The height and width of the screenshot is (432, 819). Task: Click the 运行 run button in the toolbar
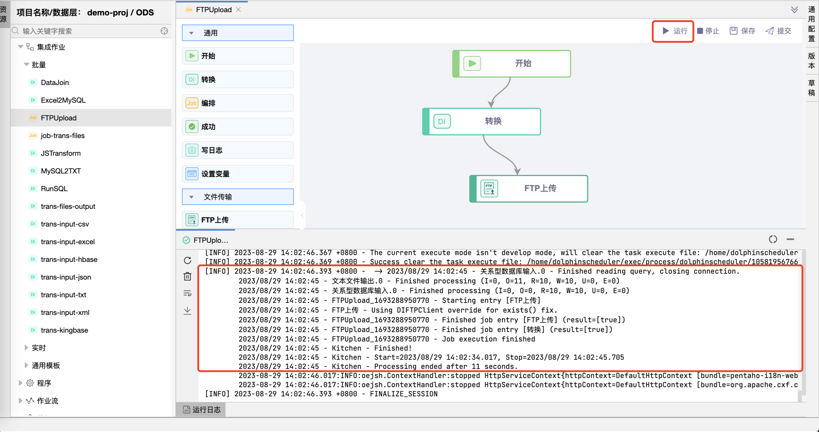click(x=675, y=31)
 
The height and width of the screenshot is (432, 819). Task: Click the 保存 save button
click(x=742, y=31)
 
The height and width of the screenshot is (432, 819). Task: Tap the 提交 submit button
click(x=778, y=31)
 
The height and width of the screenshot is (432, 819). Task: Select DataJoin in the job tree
click(x=55, y=82)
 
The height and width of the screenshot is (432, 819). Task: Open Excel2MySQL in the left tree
click(x=63, y=100)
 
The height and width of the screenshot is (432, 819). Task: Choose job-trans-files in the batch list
click(x=63, y=136)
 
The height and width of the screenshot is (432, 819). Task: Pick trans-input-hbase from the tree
click(x=69, y=259)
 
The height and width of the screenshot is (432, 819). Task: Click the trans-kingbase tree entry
click(x=64, y=330)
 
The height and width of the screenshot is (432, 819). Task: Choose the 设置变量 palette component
click(x=237, y=174)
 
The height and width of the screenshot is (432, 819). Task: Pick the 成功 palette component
click(x=237, y=127)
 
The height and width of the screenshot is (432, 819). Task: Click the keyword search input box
click(x=89, y=31)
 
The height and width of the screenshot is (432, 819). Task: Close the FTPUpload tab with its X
click(x=238, y=9)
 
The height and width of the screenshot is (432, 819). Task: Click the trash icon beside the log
click(x=188, y=276)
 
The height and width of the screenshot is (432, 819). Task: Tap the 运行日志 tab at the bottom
click(x=202, y=410)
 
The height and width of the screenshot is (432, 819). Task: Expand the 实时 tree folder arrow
click(x=26, y=347)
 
